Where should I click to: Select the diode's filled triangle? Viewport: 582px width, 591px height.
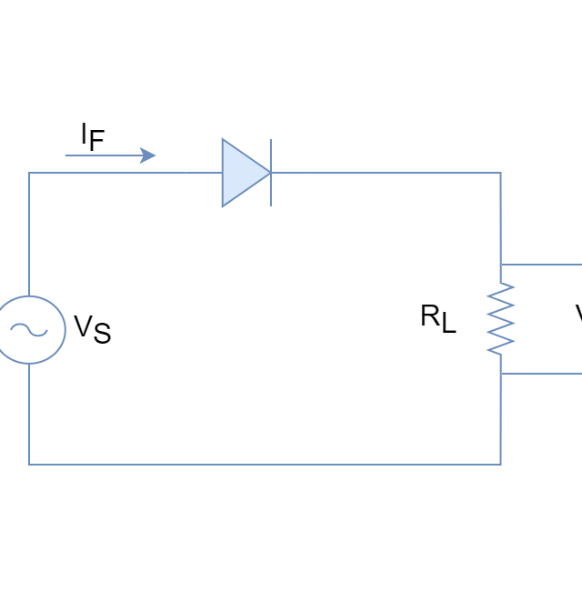click(x=240, y=173)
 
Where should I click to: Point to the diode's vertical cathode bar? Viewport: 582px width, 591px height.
click(x=270, y=173)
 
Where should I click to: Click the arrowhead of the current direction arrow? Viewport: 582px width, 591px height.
click(x=148, y=155)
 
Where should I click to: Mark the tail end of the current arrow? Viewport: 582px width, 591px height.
click(x=66, y=155)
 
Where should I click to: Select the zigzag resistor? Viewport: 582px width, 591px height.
click(x=500, y=318)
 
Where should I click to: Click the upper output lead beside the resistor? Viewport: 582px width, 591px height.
click(x=546, y=265)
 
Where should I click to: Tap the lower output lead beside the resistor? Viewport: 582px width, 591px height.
click(x=546, y=374)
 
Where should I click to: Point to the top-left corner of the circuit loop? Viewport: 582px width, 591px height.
click(x=28, y=173)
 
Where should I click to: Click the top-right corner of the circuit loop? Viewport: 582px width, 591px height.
click(x=500, y=173)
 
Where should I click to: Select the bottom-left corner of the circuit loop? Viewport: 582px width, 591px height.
click(x=28, y=464)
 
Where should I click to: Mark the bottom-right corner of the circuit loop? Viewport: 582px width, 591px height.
click(x=500, y=464)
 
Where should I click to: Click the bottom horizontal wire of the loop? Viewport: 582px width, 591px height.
click(x=264, y=464)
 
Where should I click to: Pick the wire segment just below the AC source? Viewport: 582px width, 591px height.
click(x=28, y=414)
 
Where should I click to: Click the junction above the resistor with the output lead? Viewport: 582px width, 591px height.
click(x=500, y=265)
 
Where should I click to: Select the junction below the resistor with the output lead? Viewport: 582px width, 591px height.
click(x=500, y=374)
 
